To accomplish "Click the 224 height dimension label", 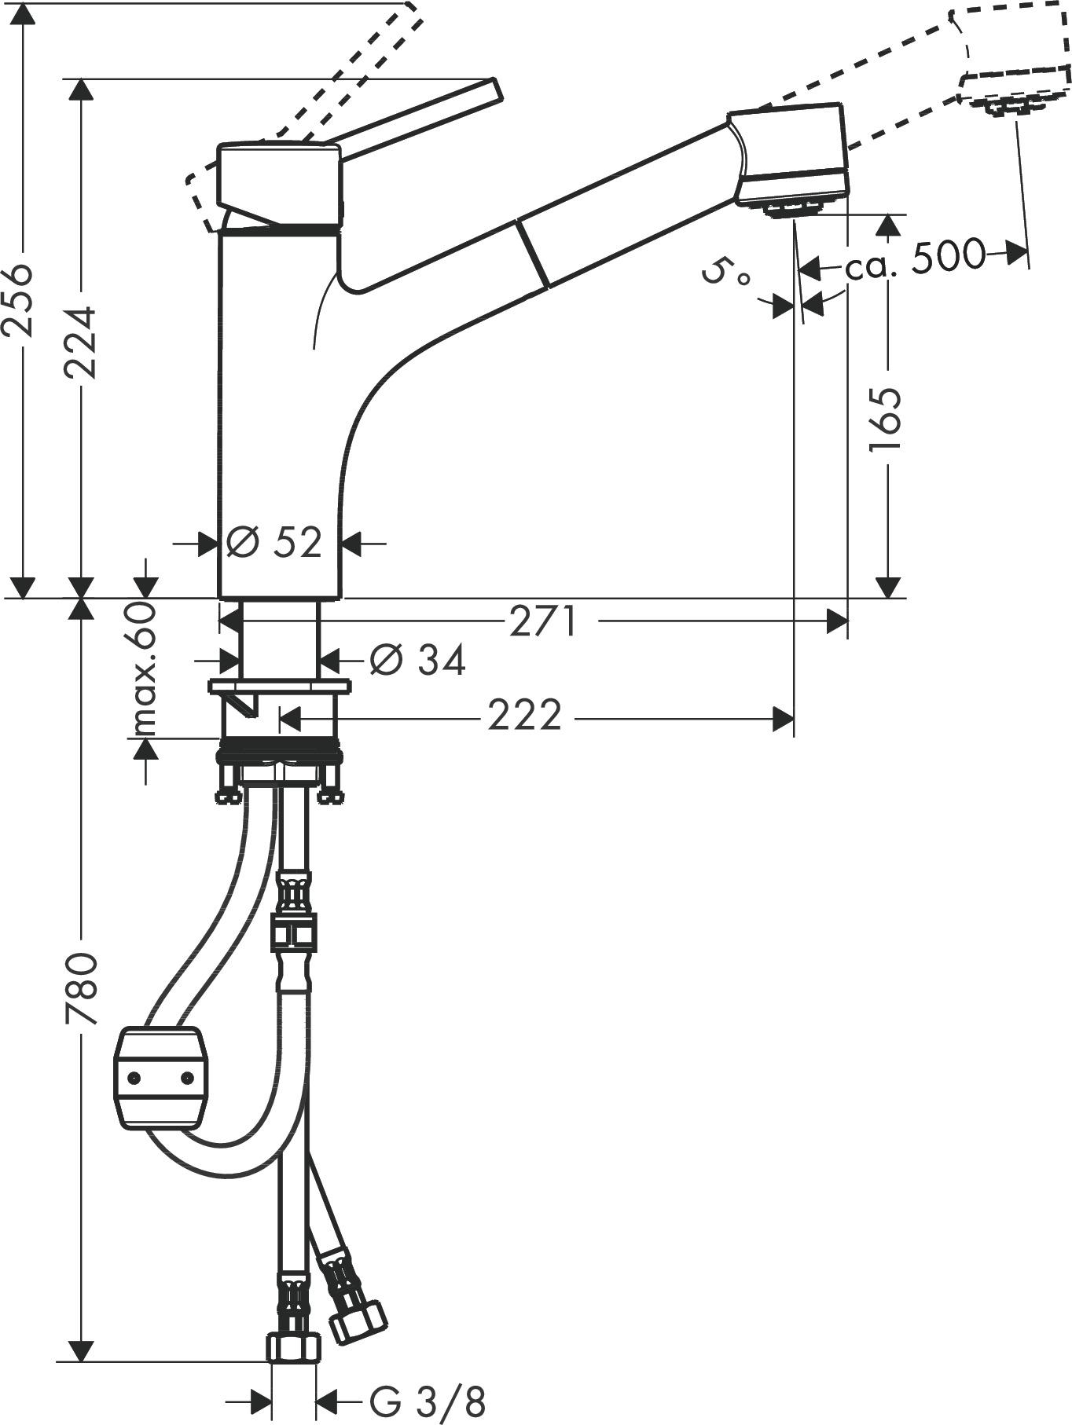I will (x=81, y=342).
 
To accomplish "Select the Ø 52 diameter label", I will (x=274, y=542).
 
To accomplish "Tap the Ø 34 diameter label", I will (x=417, y=659).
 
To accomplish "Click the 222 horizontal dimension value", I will (x=524, y=715).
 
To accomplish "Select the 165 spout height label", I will (x=887, y=419).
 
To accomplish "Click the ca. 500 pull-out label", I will (x=915, y=256).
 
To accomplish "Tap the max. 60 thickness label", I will (x=144, y=669).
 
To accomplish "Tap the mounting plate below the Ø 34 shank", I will (x=280, y=686).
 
